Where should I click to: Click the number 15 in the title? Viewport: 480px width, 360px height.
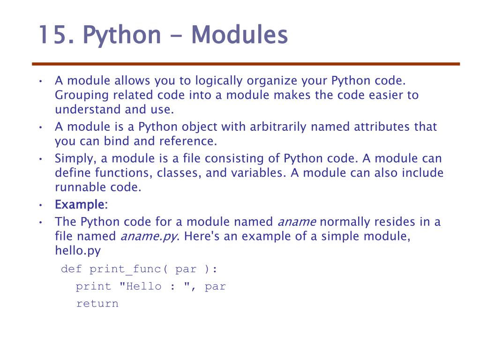click(53, 35)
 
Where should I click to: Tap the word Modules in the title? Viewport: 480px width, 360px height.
click(239, 35)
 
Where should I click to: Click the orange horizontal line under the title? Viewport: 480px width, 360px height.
click(246, 64)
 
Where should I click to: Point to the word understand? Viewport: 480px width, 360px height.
click(88, 110)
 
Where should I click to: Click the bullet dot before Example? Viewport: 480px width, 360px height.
click(41, 205)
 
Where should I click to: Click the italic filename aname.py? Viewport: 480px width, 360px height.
click(149, 236)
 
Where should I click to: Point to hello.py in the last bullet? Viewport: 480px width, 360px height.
click(78, 251)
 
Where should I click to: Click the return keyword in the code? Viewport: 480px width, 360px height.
click(97, 303)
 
